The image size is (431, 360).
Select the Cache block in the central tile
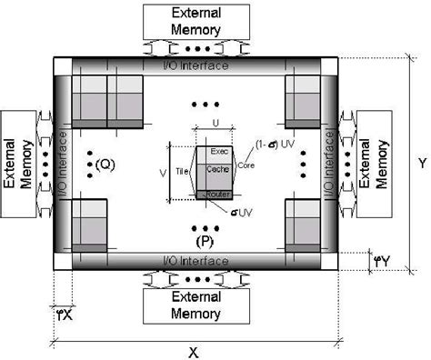point(219,170)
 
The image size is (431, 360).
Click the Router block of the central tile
point(218,195)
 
